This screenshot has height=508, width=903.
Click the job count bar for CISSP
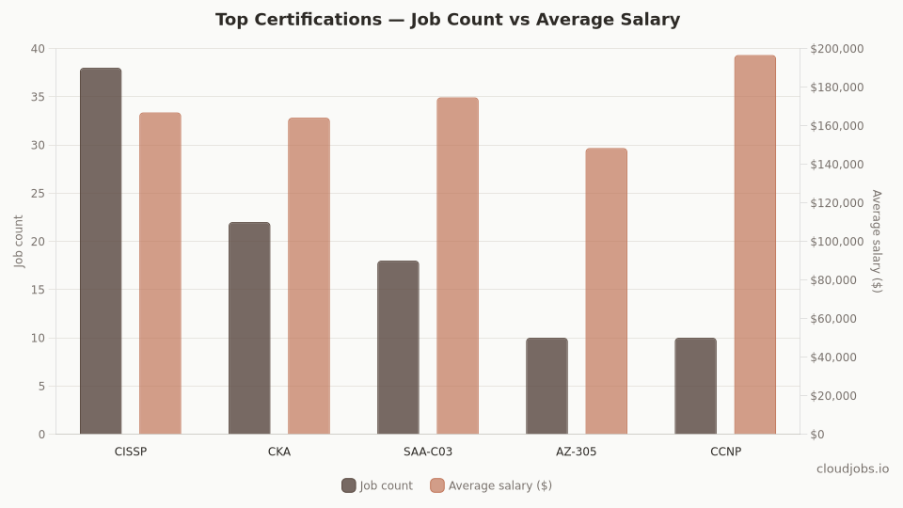click(101, 251)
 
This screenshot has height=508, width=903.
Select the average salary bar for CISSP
click(160, 274)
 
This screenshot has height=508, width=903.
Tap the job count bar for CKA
click(249, 328)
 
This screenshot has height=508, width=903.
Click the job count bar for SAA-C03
click(398, 347)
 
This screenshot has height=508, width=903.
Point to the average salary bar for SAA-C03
click(457, 266)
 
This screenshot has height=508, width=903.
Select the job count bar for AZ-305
click(547, 386)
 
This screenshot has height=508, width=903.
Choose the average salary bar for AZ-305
click(606, 291)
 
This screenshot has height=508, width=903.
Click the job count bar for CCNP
click(695, 386)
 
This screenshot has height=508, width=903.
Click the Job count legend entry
click(377, 485)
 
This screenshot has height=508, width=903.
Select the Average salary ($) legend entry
click(491, 485)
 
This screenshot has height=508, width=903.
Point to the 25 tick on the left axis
click(38, 193)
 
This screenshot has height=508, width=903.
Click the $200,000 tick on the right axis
click(836, 49)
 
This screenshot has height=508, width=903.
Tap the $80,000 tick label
click(833, 280)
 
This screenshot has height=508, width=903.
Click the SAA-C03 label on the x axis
click(428, 452)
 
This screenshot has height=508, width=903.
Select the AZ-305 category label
click(576, 452)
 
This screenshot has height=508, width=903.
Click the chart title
click(448, 20)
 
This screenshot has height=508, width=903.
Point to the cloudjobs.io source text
click(852, 468)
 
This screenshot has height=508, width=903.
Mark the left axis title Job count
click(20, 241)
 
